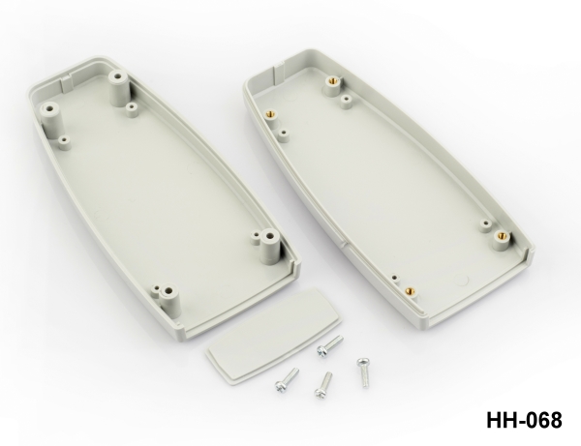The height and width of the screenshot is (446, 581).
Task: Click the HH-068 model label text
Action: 524,420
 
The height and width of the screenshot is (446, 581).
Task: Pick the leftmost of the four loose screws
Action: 287,380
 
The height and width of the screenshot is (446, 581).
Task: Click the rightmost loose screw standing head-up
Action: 363,372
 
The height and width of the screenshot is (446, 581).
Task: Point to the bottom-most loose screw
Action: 323,385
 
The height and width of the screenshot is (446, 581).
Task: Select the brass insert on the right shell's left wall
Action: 271,116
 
